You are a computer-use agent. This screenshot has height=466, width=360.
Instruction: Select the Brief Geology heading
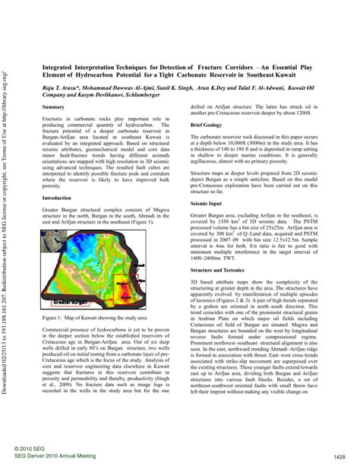click(207, 123)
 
